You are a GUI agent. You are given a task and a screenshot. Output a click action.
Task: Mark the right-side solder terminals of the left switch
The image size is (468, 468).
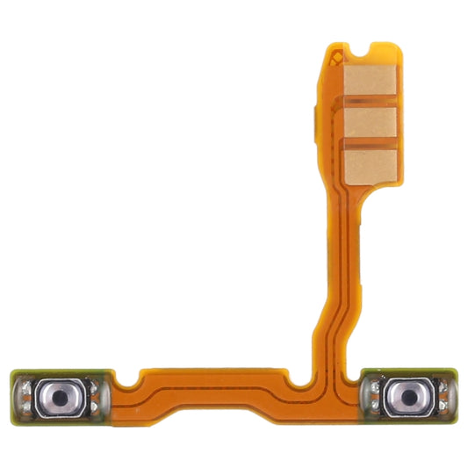[x=98, y=394]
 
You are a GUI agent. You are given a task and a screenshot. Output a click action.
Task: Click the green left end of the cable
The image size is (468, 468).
[x=15, y=394]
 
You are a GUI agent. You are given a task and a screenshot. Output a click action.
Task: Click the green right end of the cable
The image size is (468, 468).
[x=455, y=394]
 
